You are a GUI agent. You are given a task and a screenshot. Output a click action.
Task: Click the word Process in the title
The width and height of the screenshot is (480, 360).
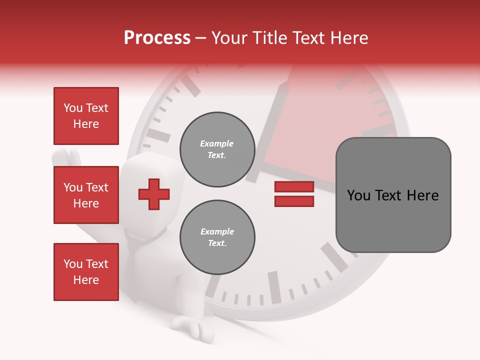pos(157,38)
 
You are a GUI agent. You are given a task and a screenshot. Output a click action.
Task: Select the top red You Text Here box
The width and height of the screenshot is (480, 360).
pos(86,116)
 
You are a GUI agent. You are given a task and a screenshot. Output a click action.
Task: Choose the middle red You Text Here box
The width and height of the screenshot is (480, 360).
pos(86,195)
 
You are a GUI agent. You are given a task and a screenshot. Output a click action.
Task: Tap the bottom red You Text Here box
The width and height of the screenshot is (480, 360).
pos(86,271)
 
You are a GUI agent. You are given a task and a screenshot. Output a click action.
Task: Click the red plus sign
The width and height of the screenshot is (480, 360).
pos(154,194)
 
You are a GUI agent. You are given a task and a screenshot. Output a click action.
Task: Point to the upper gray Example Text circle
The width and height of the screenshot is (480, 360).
pos(217,149)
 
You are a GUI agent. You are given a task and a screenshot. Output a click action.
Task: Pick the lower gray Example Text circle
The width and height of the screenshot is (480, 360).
pos(217,237)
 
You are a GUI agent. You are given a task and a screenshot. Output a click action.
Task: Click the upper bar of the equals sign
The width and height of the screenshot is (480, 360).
pos(294,186)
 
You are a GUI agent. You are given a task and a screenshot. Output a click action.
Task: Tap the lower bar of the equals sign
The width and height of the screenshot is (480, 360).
pos(294,201)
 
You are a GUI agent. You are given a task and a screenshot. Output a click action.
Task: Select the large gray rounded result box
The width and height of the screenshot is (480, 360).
pos(393,195)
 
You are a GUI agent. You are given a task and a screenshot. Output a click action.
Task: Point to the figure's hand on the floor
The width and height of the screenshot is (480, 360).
pos(192,327)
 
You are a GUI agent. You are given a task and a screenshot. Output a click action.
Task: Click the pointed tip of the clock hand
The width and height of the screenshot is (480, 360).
pos(286,84)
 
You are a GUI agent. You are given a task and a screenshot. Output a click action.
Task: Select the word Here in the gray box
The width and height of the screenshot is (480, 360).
pos(422,195)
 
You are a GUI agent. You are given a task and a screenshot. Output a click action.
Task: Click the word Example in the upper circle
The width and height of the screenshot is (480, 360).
pos(217,143)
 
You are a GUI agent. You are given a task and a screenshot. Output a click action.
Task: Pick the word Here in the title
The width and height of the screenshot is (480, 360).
pos(347,38)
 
